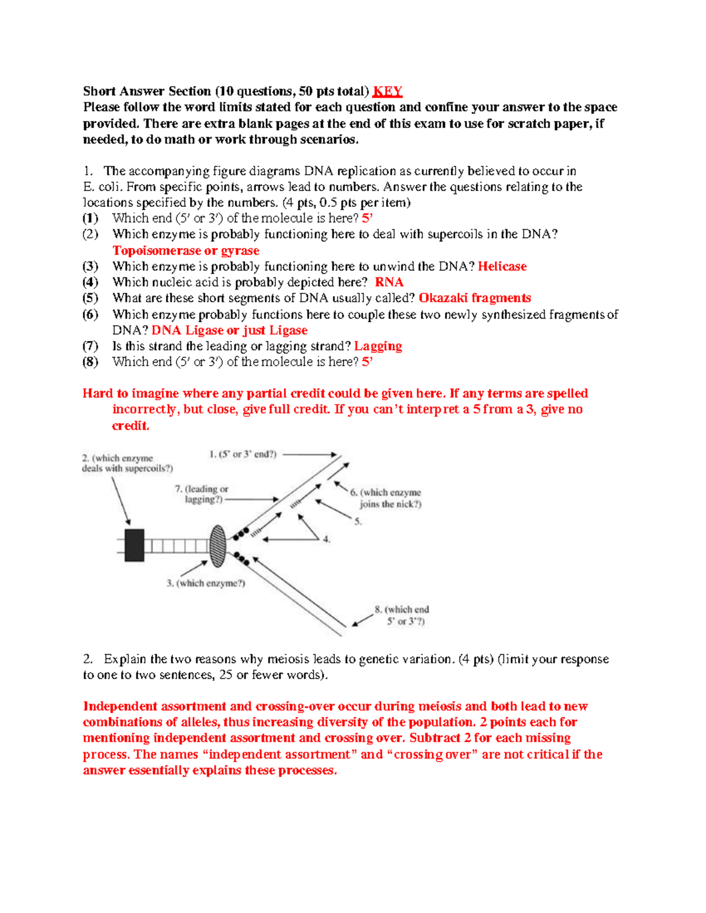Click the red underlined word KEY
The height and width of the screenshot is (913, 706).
pyautogui.click(x=388, y=91)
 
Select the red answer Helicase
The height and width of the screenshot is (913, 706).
pyautogui.click(x=502, y=266)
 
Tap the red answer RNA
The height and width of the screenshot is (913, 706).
pyautogui.click(x=389, y=282)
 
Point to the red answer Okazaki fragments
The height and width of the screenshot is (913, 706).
pyautogui.click(x=474, y=298)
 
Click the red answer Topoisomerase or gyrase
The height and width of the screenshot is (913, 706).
pyautogui.click(x=186, y=250)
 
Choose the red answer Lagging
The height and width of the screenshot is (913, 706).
pyautogui.click(x=378, y=346)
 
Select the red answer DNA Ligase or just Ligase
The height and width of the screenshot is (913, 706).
pyautogui.click(x=229, y=330)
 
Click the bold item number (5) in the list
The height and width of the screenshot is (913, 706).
pyautogui.click(x=90, y=298)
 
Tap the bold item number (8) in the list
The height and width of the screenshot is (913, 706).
pyautogui.click(x=90, y=362)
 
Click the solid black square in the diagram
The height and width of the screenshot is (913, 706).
pyautogui.click(x=134, y=546)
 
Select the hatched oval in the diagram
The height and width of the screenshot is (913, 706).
pyautogui.click(x=218, y=546)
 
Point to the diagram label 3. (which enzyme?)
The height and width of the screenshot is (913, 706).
pyautogui.click(x=205, y=583)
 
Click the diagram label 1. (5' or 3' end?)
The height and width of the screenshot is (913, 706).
pyautogui.click(x=242, y=454)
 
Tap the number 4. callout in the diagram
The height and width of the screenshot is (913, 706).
pyautogui.click(x=327, y=539)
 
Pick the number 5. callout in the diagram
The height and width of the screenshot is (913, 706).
pyautogui.click(x=358, y=521)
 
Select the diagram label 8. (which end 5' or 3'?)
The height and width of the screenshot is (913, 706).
pyautogui.click(x=402, y=615)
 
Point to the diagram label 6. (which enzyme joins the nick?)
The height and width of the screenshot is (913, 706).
pyautogui.click(x=386, y=498)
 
